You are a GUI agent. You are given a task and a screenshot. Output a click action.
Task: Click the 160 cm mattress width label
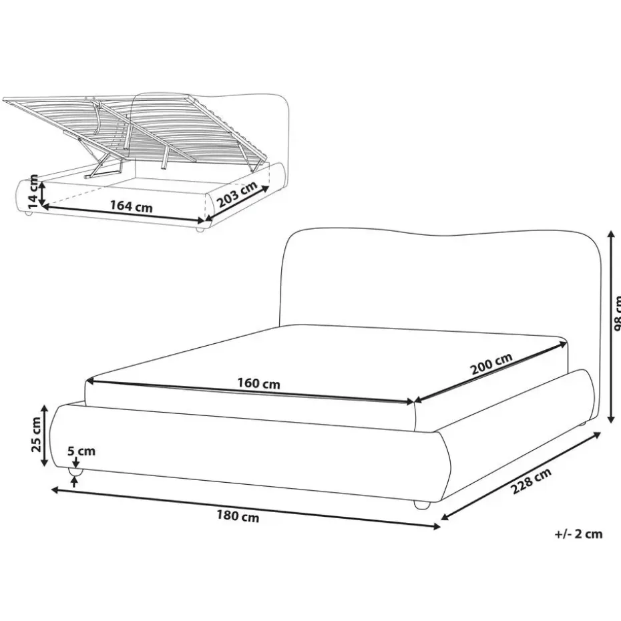click(x=259, y=384)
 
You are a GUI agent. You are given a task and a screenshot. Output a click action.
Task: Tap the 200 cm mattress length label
click(x=491, y=367)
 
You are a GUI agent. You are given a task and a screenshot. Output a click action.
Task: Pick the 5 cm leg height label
click(x=82, y=451)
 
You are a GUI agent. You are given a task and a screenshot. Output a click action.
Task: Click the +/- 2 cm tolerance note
click(x=578, y=534)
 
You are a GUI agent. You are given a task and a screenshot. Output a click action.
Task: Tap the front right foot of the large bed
click(x=421, y=505)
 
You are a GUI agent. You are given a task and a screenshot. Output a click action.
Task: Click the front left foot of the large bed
click(x=75, y=472)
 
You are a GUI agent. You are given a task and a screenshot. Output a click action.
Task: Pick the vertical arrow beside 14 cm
click(x=42, y=192)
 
